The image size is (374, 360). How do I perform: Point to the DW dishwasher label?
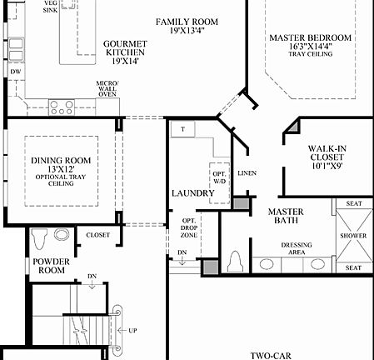click(14, 72)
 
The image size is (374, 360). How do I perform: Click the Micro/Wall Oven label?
click(107, 89)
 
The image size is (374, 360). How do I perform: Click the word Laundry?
click(194, 193)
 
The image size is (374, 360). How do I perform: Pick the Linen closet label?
click(247, 173)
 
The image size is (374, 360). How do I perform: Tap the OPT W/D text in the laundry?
click(218, 175)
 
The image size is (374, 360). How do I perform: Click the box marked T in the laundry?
click(182, 129)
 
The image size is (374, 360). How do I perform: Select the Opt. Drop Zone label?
click(187, 227)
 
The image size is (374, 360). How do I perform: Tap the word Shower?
click(353, 236)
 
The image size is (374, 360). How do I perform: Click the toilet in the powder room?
click(37, 239)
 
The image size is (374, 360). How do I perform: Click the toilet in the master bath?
click(236, 261)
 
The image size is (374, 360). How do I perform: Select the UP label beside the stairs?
click(132, 329)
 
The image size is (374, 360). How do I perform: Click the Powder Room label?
click(50, 266)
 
